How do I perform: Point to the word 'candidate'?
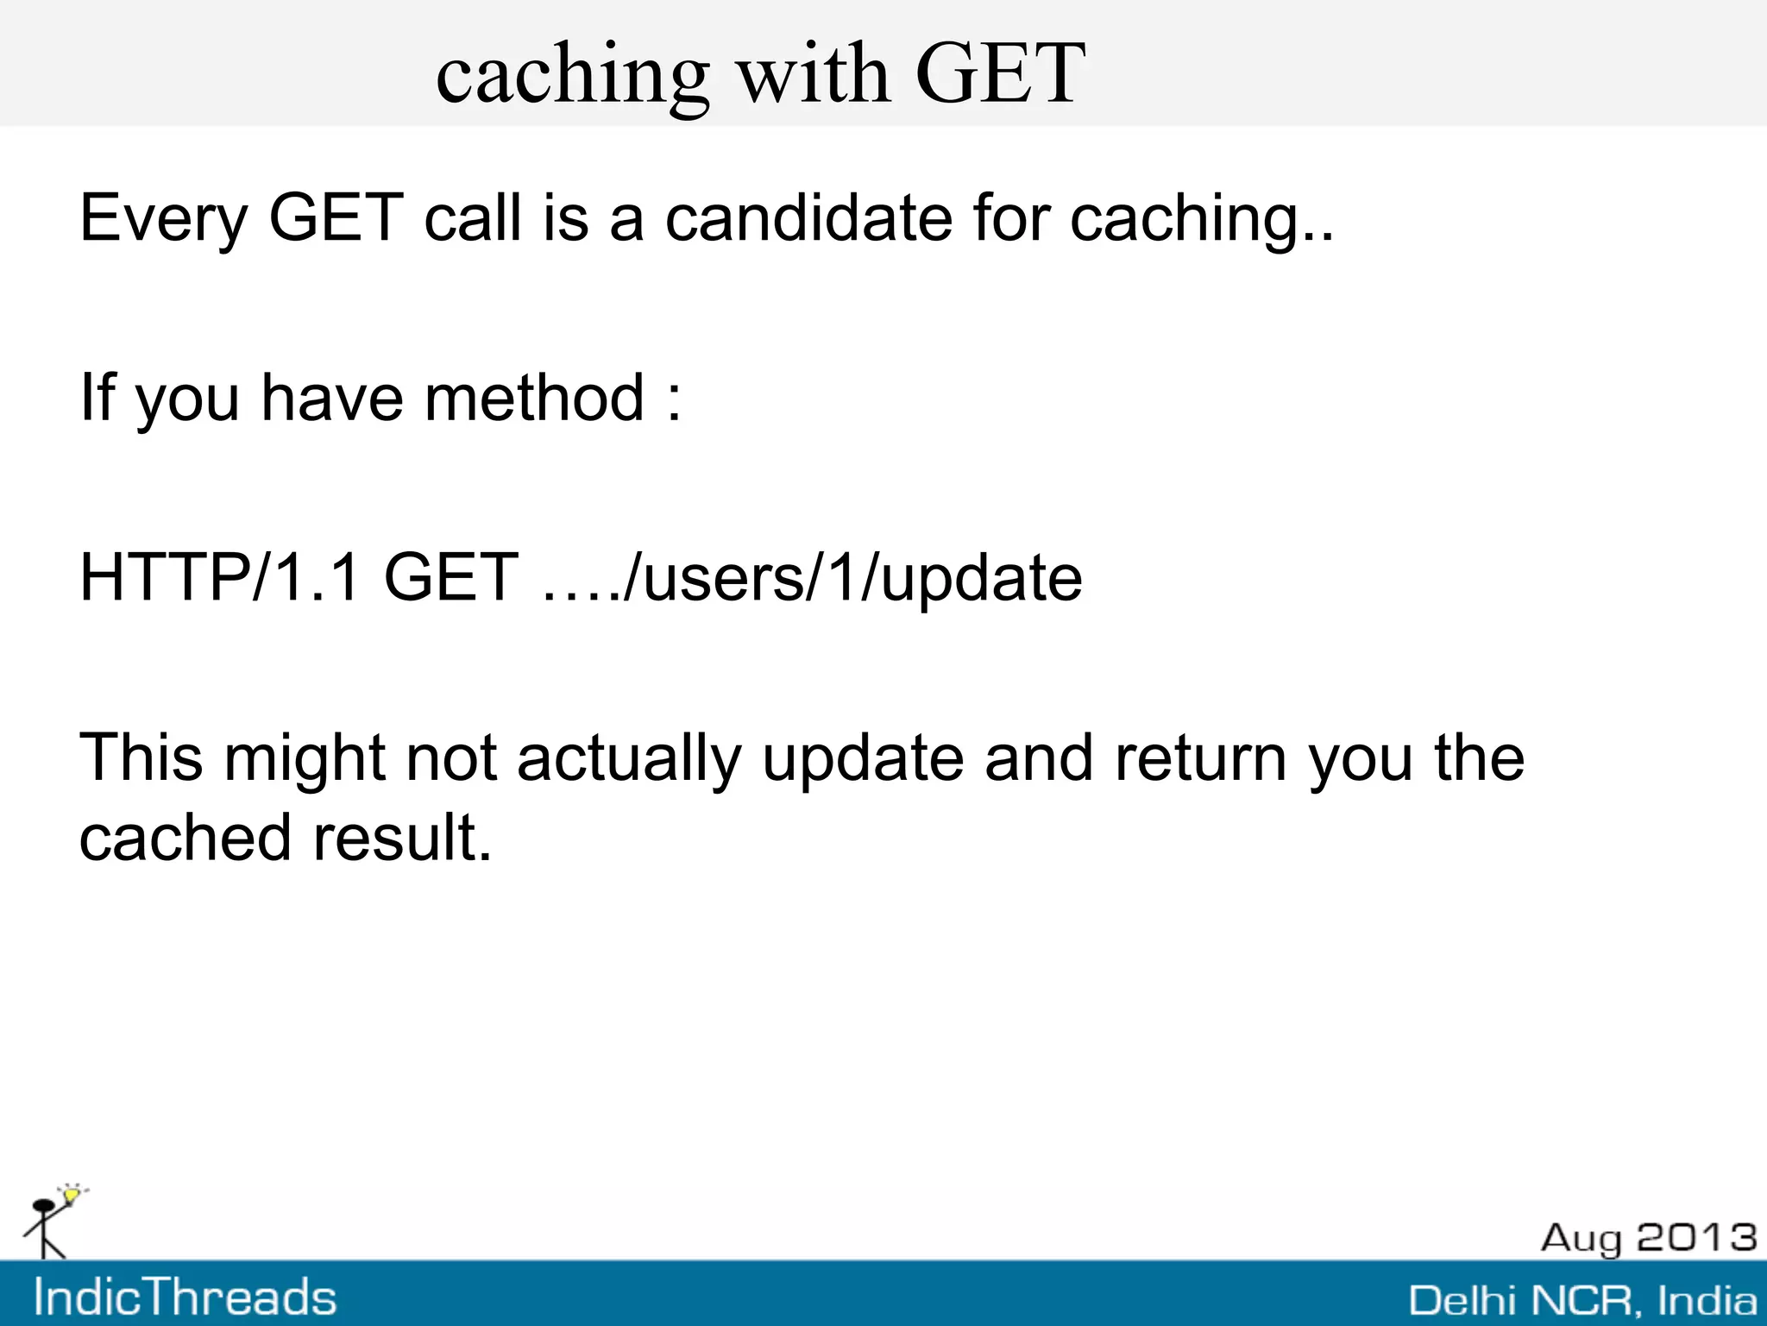(808, 217)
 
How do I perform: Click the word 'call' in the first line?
(473, 217)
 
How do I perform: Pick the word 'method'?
(534, 398)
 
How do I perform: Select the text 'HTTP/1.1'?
(219, 577)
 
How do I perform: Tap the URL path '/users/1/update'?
(852, 579)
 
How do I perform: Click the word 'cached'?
(185, 838)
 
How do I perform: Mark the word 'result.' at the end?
(402, 838)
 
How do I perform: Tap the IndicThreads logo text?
(185, 1298)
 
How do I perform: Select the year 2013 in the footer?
(1696, 1237)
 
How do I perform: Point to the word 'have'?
(332, 398)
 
